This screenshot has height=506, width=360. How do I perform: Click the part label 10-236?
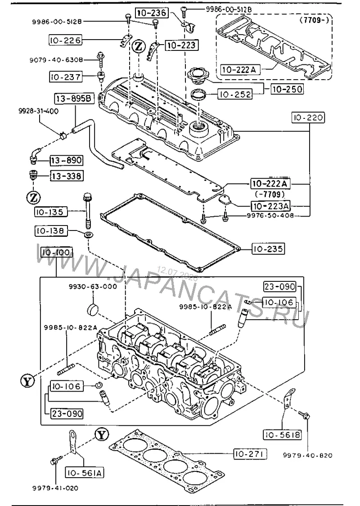(152, 13)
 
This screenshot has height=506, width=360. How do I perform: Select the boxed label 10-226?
(66, 40)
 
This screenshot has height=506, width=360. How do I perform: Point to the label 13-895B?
(74, 98)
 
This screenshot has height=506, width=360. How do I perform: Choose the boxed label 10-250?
(287, 89)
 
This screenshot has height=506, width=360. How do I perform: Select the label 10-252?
(235, 94)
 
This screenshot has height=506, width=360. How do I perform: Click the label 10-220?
(308, 117)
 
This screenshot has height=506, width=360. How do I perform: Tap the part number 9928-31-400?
(38, 111)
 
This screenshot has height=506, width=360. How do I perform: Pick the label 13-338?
(67, 176)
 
